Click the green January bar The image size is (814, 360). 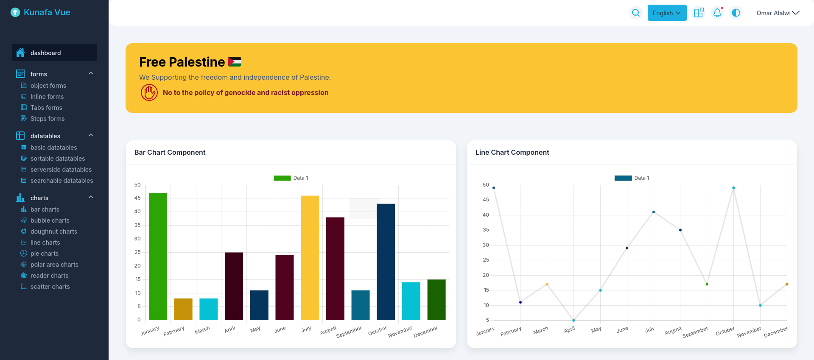tap(158, 256)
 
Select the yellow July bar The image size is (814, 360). tap(310, 257)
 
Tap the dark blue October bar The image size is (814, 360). tap(386, 262)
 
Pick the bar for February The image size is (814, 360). tap(183, 309)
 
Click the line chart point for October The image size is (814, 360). tap(733, 188)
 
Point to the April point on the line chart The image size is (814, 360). tap(573, 320)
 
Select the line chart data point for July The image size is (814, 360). tap(654, 212)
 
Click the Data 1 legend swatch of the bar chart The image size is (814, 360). tap(282, 178)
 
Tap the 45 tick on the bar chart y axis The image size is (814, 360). tap(137, 198)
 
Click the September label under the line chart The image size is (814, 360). tap(695, 332)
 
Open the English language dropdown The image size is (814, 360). tap(667, 13)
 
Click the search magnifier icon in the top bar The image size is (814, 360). tap(636, 13)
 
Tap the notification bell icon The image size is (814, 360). tap(717, 13)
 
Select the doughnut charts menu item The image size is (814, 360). tap(54, 232)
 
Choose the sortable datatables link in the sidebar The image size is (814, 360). tap(58, 159)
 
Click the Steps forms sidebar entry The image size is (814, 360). tap(48, 119)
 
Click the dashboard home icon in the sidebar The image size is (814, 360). tap(20, 53)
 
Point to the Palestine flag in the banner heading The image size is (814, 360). tap(235, 62)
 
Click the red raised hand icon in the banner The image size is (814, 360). tap(149, 92)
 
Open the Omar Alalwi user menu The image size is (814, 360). tap(778, 13)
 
